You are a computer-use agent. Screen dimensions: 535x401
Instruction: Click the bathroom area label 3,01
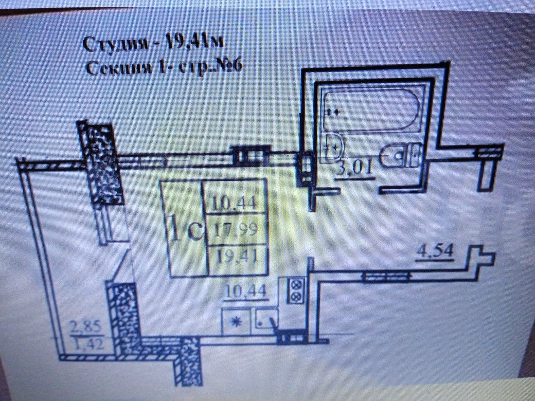click(x=354, y=168)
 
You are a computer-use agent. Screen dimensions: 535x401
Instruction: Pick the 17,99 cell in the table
click(x=236, y=230)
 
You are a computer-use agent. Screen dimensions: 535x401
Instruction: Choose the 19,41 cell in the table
click(x=236, y=255)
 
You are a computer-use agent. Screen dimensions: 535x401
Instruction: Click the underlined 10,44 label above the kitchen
click(x=245, y=291)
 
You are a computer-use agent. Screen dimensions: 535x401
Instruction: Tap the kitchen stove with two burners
click(x=296, y=290)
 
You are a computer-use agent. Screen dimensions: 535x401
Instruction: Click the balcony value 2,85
click(x=83, y=325)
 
